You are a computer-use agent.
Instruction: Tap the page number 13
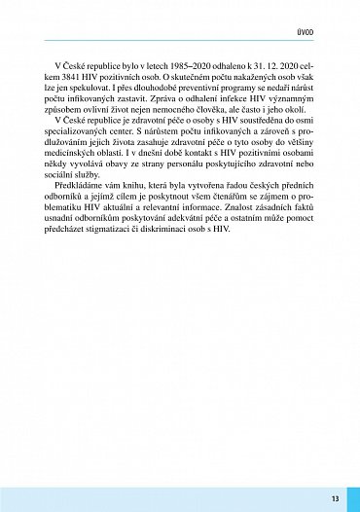pyautogui.click(x=334, y=498)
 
